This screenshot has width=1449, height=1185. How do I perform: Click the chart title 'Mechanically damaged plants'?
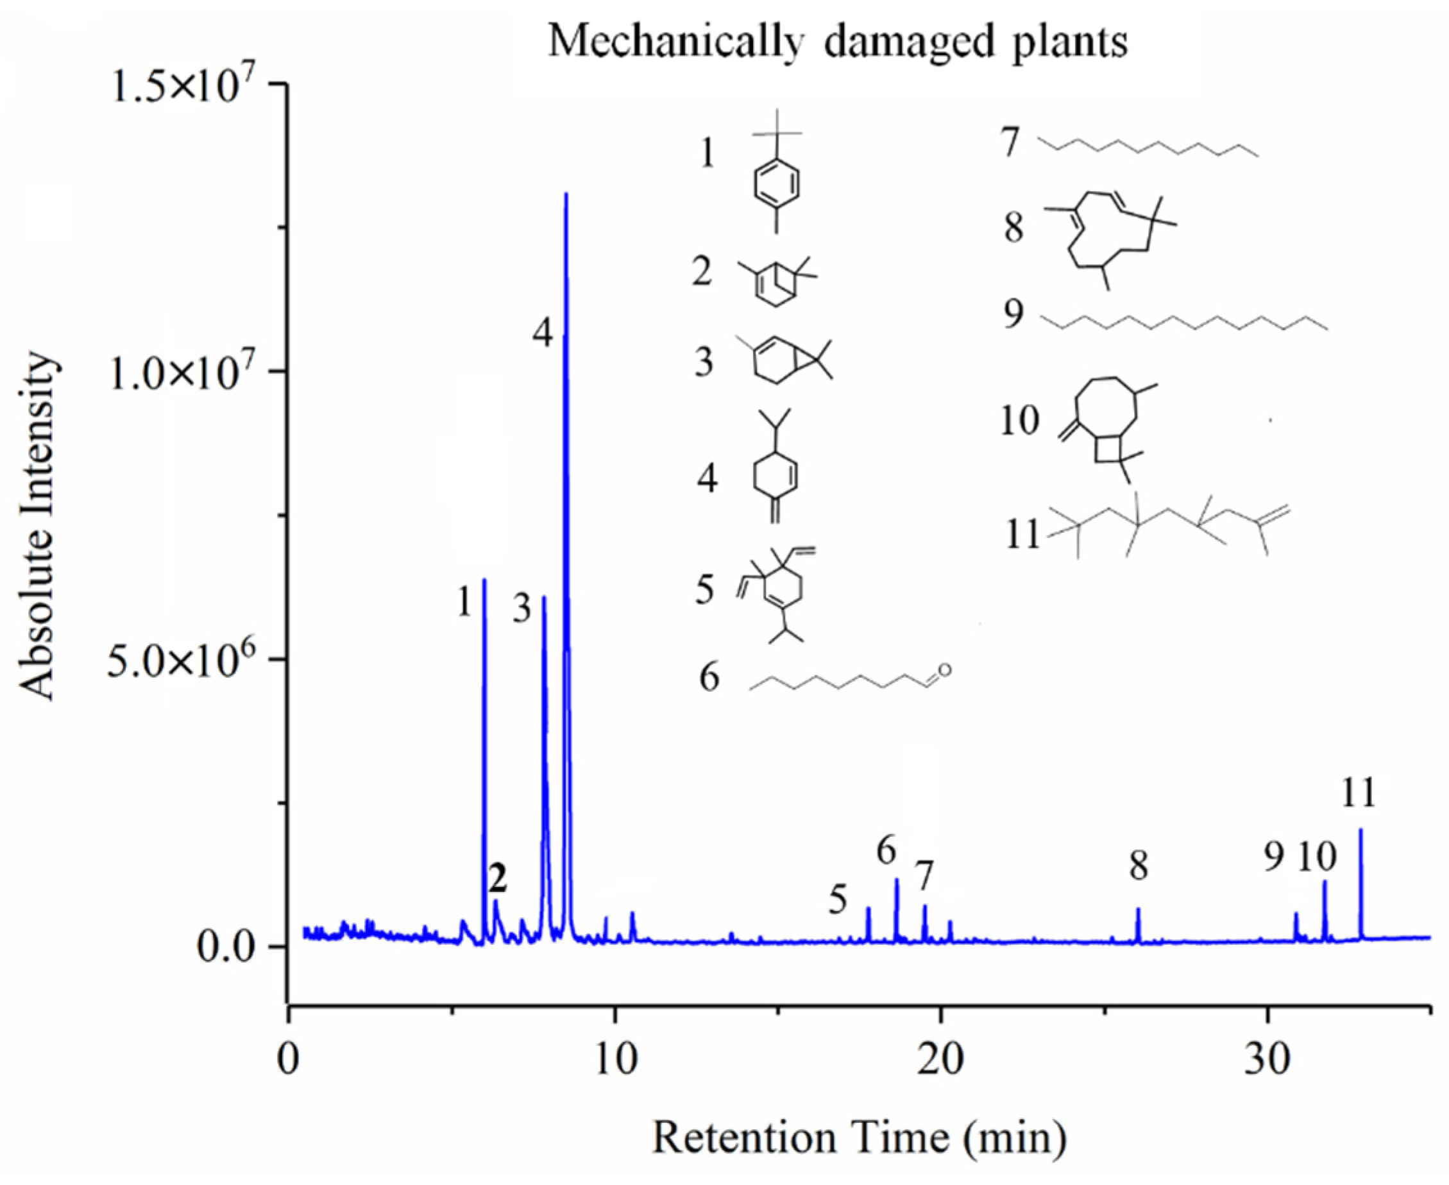838,42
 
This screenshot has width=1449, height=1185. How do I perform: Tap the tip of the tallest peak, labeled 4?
565,195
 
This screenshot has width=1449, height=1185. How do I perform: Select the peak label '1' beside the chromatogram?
465,603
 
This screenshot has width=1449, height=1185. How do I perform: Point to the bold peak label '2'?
498,879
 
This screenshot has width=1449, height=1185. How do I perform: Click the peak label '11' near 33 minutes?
1358,793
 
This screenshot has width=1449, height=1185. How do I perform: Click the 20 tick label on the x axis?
941,1060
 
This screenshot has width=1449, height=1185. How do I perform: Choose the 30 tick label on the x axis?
1267,1060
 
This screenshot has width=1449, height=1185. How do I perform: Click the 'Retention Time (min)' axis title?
858,1138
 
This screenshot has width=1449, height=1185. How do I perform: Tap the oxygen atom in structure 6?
944,670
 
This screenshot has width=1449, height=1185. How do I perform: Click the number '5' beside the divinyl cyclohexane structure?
705,589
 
